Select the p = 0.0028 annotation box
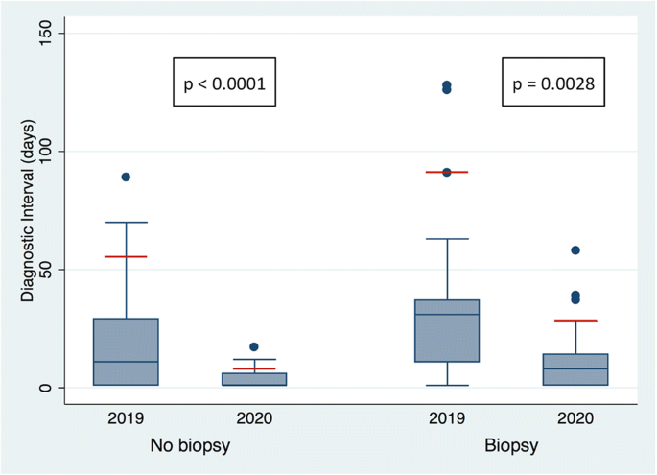pos(552,84)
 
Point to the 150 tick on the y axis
pos(51,34)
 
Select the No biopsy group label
pos(189,446)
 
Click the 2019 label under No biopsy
pos(126,418)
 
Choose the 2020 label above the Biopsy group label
pos(575,418)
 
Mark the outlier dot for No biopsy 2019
pos(126,177)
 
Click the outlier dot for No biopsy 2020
pos(254,346)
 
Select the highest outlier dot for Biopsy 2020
pos(575,249)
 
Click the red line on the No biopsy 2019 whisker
pos(126,256)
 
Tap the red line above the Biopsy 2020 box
pos(575,321)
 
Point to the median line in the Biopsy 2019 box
pos(447,315)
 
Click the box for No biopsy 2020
pos(254,379)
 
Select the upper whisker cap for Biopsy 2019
pos(447,239)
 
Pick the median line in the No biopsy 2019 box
pos(126,362)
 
